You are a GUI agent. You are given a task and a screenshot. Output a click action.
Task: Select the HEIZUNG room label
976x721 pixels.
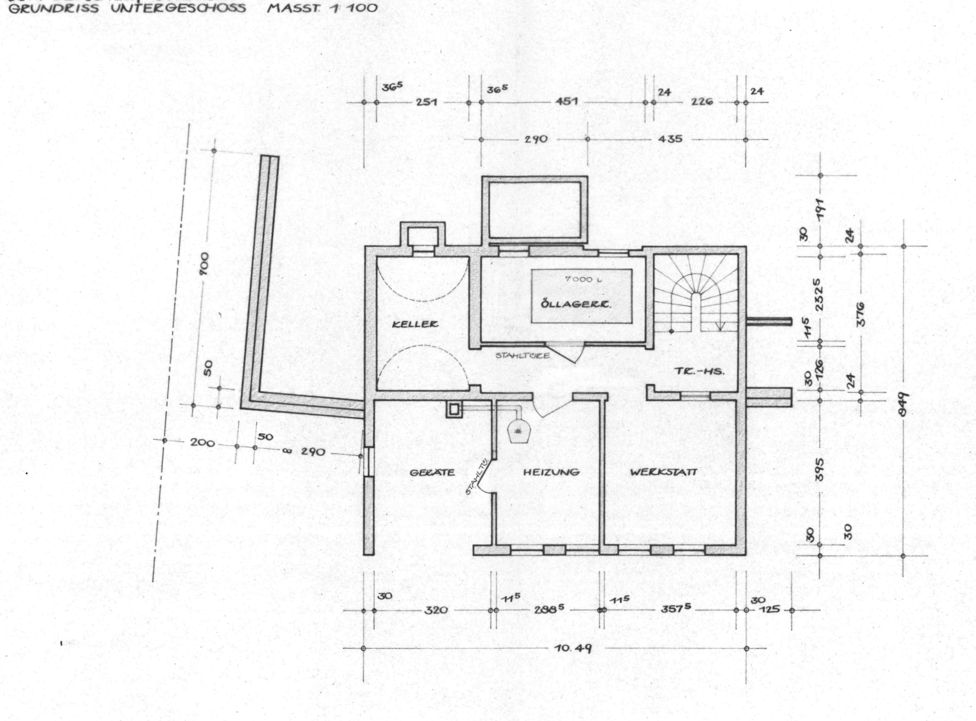(x=551, y=472)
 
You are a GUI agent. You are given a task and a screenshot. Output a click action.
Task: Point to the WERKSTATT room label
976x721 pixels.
(x=663, y=472)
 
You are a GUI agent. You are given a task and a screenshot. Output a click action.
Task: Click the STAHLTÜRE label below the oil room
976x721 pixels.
(x=522, y=356)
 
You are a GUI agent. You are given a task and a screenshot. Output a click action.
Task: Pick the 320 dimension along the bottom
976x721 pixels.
(x=436, y=610)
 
